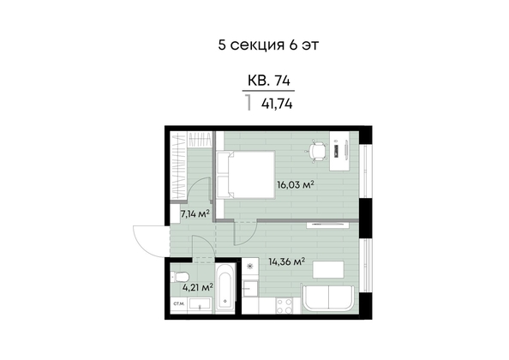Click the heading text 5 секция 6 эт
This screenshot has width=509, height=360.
pyautogui.click(x=268, y=45)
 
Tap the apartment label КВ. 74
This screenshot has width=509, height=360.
pyautogui.click(x=269, y=81)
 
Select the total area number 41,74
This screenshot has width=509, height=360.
pyautogui.click(x=277, y=105)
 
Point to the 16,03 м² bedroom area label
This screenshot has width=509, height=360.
pyautogui.click(x=295, y=184)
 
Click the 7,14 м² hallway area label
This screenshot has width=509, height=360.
pyautogui.click(x=195, y=213)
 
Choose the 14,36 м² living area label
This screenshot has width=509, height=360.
pyautogui.click(x=287, y=261)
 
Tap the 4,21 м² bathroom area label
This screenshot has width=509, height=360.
pyautogui.click(x=198, y=287)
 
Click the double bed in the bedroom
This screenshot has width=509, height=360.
pyautogui.click(x=246, y=174)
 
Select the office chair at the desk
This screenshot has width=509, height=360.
pyautogui.click(x=317, y=151)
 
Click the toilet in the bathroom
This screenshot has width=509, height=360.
pyautogui.click(x=180, y=277)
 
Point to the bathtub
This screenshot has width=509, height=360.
pyautogui.click(x=225, y=288)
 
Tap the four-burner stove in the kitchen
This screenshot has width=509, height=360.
pyautogui.click(x=284, y=306)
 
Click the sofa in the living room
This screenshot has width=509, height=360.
pyautogui.click(x=328, y=298)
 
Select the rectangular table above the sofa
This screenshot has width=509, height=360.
pyautogui.click(x=328, y=269)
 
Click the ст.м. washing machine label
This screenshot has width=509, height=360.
pyautogui.click(x=179, y=304)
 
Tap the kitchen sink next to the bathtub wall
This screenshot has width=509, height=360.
pyautogui.click(x=250, y=288)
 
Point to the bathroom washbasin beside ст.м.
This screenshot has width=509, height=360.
pyautogui.click(x=200, y=304)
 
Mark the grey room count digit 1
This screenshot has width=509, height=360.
pyautogui.click(x=249, y=103)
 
